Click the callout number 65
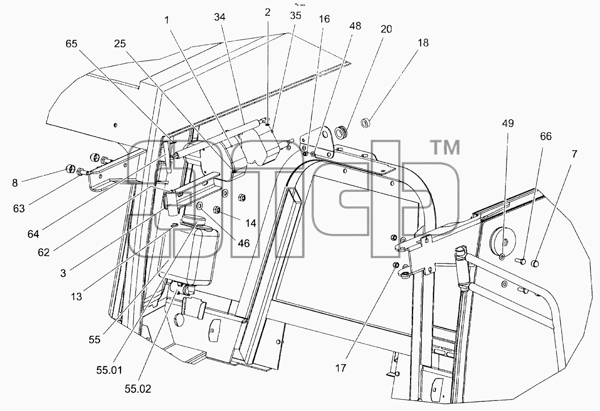point(71,44)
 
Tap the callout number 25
point(120,44)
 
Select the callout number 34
point(220,17)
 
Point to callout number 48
point(355,26)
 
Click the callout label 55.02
point(138,389)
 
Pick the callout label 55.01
point(109,371)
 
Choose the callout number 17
point(341,368)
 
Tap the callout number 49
point(508,124)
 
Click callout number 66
point(546,136)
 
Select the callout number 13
point(76,297)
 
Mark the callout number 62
point(44,252)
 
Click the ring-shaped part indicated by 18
point(365,123)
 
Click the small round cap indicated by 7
point(535,264)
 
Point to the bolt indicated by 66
point(520,261)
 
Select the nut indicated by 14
point(217,209)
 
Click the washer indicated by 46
point(200,206)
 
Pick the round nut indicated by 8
point(70,169)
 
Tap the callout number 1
point(167,20)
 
